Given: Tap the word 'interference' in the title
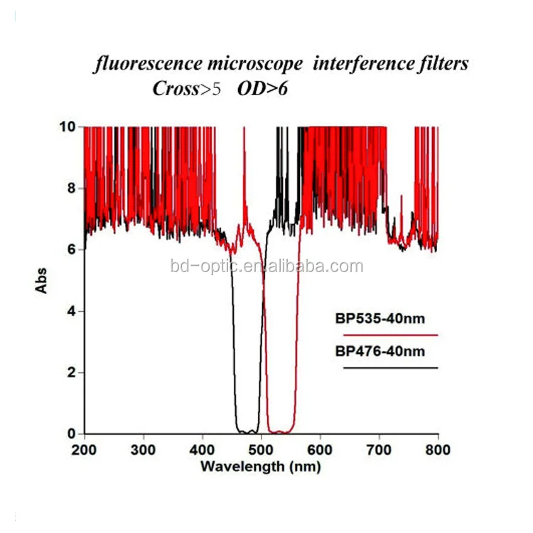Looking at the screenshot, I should coord(351,65).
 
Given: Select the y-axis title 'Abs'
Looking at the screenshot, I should coord(41,280).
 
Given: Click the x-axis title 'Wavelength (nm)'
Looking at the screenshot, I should coord(260,467).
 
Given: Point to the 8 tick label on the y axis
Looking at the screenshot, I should coord(71,188).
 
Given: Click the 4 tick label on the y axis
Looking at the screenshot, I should coord(71,311).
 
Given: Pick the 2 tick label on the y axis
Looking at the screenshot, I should coord(71,372).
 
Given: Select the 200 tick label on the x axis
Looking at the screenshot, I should coord(85,449).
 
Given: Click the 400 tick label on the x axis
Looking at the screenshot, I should coord(203,449).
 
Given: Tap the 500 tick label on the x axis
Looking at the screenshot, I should coord(262,449).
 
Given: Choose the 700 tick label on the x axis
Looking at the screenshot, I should coord(379,449).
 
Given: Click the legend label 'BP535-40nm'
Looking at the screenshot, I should coord(380,318).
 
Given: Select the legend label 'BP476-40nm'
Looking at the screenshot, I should coord(380,350).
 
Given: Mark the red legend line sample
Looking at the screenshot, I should coord(390,334).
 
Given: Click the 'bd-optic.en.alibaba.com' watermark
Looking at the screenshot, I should coord(267,267).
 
